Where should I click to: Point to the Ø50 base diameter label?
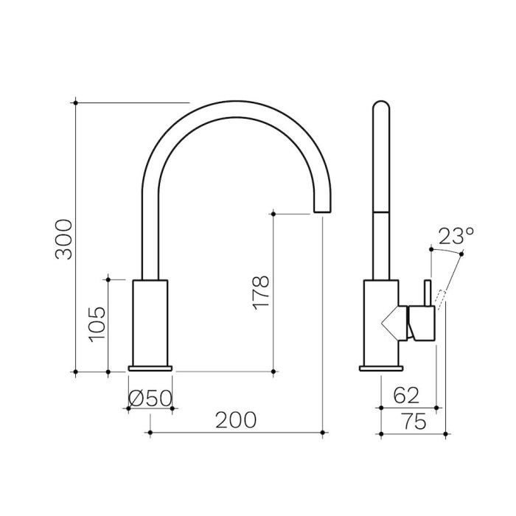tap(150, 398)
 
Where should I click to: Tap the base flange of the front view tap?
tap(150, 368)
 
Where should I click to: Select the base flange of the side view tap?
tap(381, 368)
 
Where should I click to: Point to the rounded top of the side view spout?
tap(380, 111)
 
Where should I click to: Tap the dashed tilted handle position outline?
tap(440, 297)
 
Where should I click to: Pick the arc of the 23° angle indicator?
tap(447, 251)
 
